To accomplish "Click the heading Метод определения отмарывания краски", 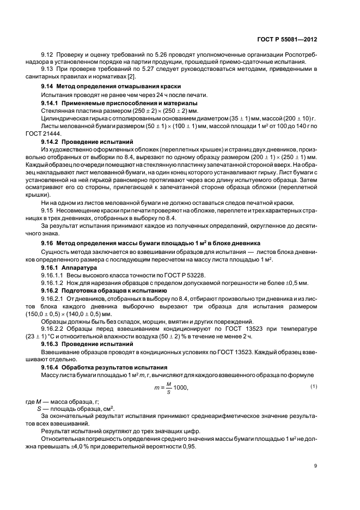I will click(x=119, y=87).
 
